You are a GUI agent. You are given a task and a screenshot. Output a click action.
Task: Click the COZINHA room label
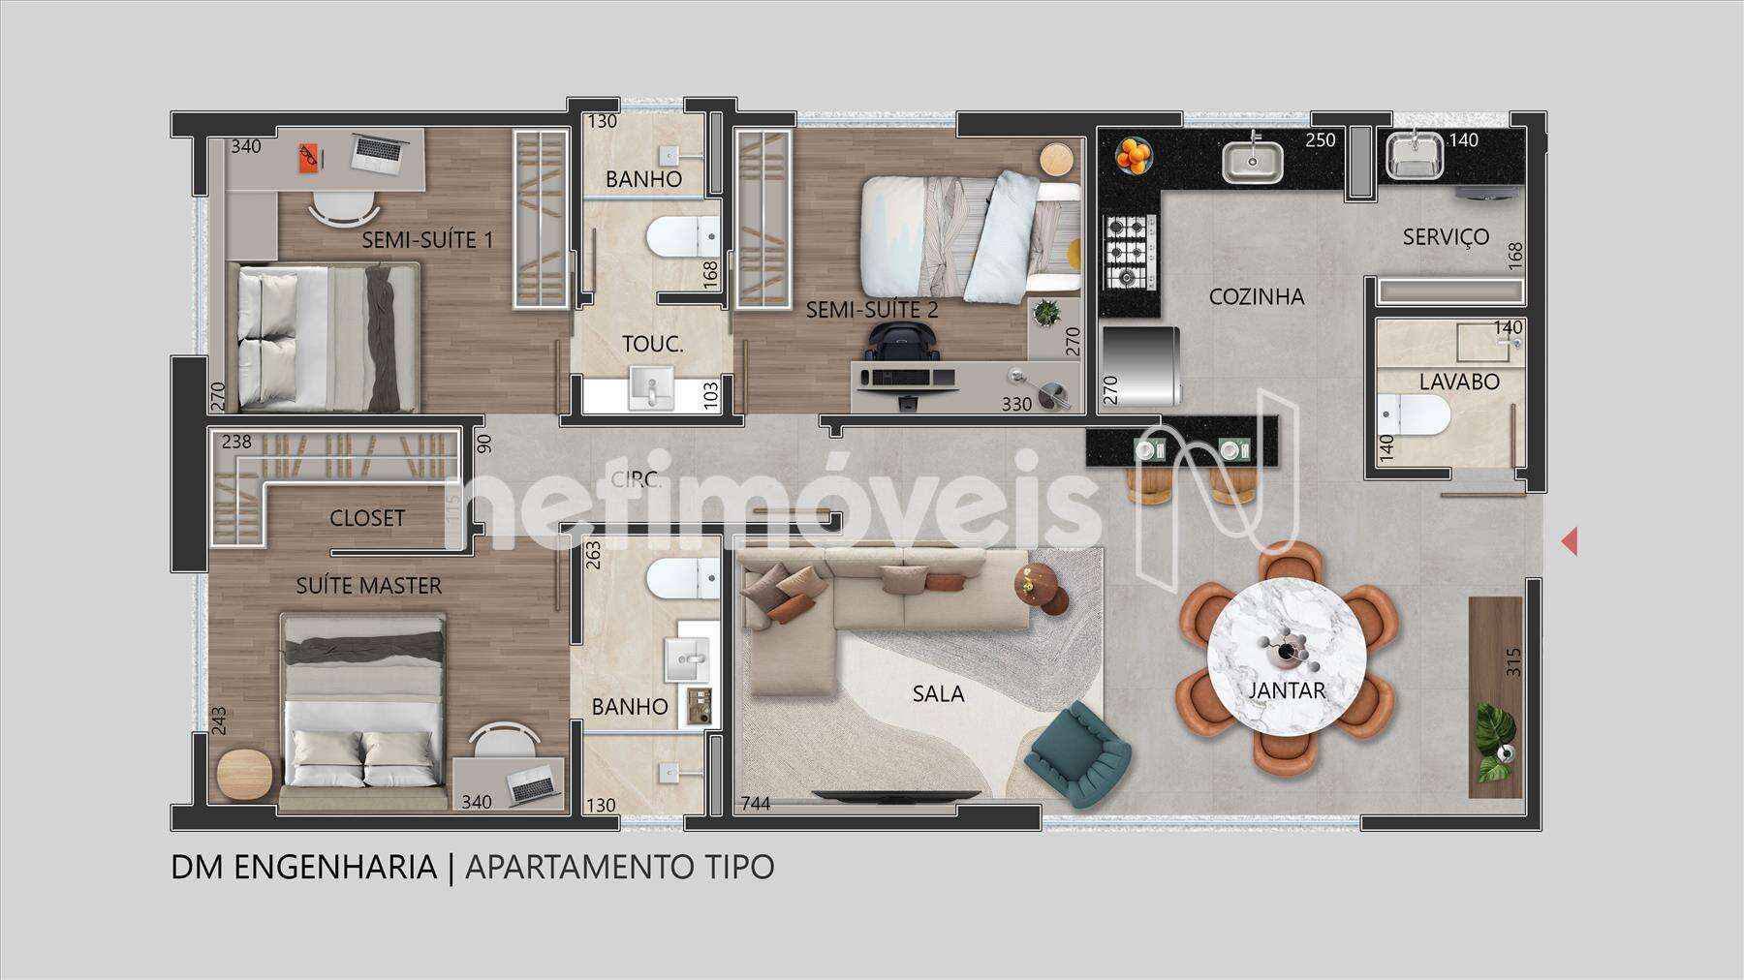pyautogui.click(x=1257, y=297)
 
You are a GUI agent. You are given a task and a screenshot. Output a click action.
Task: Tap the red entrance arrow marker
pyautogui.click(x=1570, y=541)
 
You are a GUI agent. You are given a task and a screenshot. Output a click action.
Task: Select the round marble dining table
pyautogui.click(x=1288, y=658)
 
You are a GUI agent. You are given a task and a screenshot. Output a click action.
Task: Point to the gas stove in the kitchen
pyautogui.click(x=1126, y=251)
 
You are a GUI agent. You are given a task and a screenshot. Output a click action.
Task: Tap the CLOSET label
pyautogui.click(x=367, y=518)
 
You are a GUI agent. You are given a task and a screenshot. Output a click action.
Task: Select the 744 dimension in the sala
pyautogui.click(x=756, y=803)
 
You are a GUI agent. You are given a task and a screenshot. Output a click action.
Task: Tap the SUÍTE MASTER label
pyautogui.click(x=368, y=586)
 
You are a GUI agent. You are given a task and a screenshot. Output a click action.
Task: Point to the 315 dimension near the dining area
pyautogui.click(x=1513, y=661)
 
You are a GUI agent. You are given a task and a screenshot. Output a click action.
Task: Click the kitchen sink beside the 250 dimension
pyautogui.click(x=1252, y=161)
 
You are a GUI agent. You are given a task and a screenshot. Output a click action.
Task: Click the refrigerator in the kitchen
pyautogui.click(x=1140, y=366)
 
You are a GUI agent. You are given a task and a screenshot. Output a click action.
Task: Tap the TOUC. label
pyautogui.click(x=653, y=343)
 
